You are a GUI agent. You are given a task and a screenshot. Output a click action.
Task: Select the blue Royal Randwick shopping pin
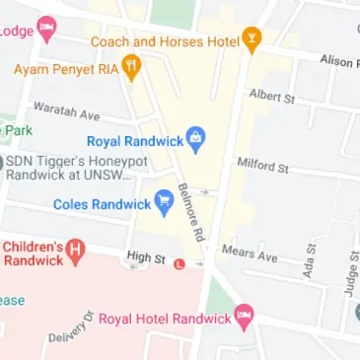[195, 141]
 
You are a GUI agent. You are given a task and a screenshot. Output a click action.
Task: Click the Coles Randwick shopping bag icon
[165, 204]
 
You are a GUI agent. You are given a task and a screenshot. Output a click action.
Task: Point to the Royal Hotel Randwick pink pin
[244, 318]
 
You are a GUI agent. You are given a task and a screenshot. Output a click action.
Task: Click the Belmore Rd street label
[191, 211]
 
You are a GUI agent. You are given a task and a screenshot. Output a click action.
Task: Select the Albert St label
[271, 97]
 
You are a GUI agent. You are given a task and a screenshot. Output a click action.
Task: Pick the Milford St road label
[261, 165]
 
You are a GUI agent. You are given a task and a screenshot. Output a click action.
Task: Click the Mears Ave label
[249, 253]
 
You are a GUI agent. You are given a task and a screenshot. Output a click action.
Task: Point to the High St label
[146, 257]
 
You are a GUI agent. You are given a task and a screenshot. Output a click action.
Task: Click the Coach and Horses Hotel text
[166, 41]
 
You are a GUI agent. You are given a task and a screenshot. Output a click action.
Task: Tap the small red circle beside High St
[179, 263]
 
